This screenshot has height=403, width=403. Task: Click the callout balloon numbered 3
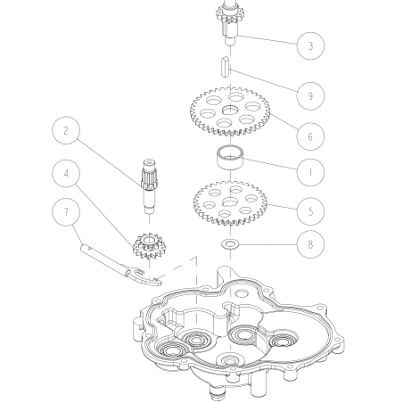click(309, 45)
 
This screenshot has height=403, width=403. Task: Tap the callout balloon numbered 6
click(309, 137)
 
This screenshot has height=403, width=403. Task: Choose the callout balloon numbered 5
click(309, 212)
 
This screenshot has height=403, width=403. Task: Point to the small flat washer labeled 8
click(232, 242)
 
